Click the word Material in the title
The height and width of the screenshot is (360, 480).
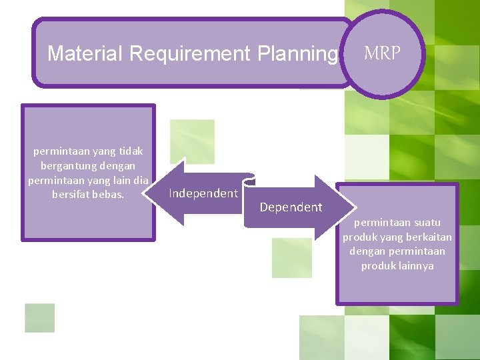[x=85, y=53]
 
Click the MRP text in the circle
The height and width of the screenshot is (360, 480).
[x=383, y=54]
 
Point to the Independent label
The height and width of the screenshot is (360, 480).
[x=203, y=193]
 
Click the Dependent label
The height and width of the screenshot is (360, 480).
[x=291, y=207]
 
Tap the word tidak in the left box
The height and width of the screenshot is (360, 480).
[x=130, y=151]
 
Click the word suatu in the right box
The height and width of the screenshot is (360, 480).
[x=426, y=222]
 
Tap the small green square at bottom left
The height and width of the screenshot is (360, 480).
[x=39, y=317]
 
